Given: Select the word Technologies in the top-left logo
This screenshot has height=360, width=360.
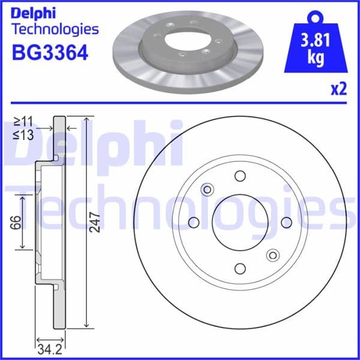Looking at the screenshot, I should [55, 29].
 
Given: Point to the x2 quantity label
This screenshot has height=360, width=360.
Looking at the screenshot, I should [338, 89].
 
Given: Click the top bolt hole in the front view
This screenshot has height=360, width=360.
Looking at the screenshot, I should [240, 176].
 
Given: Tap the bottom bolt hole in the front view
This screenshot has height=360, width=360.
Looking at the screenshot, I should [240, 269].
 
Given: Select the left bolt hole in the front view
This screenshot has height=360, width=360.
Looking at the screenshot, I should [194, 223].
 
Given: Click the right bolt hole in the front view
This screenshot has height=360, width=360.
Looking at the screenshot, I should [287, 223].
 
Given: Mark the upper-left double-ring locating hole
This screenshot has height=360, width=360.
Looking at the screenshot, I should [208, 190].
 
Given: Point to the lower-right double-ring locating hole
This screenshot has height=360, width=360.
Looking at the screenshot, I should [272, 254].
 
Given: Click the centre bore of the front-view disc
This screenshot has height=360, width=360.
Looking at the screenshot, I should [240, 223].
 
